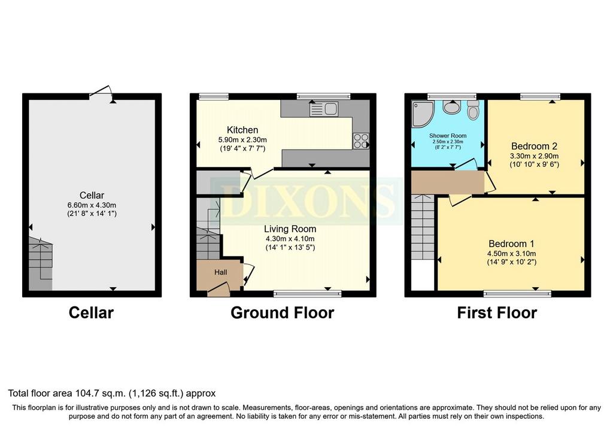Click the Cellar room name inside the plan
pyautogui.click(x=92, y=195)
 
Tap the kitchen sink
pyautogui.click(x=324, y=109)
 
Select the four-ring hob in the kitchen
pyautogui.click(x=361, y=141)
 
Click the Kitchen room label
pyautogui.click(x=242, y=130)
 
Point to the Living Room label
pyautogui.click(x=290, y=229)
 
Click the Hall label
pyautogui.click(x=220, y=272)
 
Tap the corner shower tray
pyautogui.click(x=422, y=113)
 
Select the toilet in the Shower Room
pyautogui.click(x=473, y=110)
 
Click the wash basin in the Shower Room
pyautogui.click(x=453, y=107)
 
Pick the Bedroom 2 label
pyautogui.click(x=534, y=146)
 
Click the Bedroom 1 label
pyautogui.click(x=511, y=244)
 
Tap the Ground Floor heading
pyautogui.click(x=283, y=312)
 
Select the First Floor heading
pyautogui.click(x=497, y=312)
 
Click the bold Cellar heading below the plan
pyautogui.click(x=91, y=312)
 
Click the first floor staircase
pyautogui.click(x=423, y=227)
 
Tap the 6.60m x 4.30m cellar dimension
pyautogui.click(x=92, y=205)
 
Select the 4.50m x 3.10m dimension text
pyautogui.click(x=511, y=254)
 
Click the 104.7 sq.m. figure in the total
pyautogui.click(x=102, y=393)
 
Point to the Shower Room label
pyautogui.click(x=448, y=136)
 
